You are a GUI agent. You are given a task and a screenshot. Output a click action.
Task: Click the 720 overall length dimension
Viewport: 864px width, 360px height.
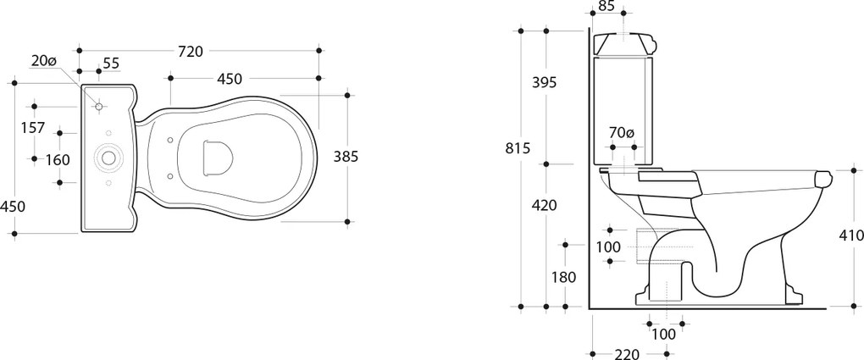(190, 52)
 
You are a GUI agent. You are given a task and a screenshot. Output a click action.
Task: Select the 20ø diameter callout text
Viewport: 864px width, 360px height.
(43, 61)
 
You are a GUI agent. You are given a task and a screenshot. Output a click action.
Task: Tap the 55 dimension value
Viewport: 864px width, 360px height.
(111, 64)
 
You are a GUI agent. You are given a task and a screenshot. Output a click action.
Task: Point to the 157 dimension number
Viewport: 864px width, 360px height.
(32, 128)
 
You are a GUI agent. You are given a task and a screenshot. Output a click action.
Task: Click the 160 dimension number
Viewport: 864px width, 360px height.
(58, 160)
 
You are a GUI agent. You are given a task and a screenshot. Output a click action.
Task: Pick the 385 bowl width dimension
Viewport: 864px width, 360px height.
(346, 157)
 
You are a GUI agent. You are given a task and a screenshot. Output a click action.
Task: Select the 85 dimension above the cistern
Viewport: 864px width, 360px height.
(606, 7)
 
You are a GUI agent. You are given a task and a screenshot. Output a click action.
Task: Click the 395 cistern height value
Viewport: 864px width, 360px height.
(545, 83)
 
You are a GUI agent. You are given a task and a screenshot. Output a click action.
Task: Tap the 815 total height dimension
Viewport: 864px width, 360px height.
(517, 148)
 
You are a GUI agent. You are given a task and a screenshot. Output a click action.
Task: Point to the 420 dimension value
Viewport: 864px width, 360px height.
(545, 205)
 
